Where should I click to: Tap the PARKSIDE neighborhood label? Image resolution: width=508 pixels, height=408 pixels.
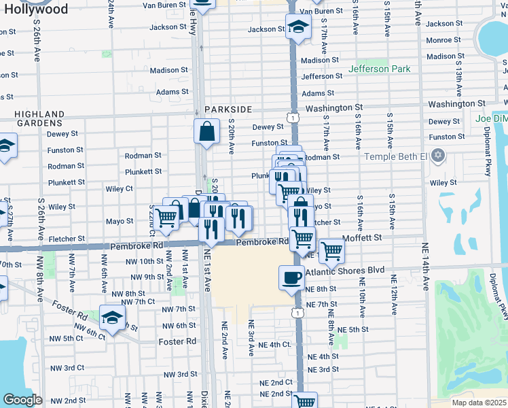coord(228,109)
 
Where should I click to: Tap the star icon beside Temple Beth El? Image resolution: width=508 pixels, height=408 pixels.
coord(439,156)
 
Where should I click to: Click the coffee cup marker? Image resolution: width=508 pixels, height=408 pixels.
coord(291,277)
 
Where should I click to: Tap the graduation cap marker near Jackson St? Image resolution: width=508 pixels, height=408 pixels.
coord(297,27)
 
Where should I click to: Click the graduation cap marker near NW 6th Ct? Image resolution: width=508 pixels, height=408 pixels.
coord(113,316)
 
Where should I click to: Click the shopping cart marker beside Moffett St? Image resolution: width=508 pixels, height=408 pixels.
coord(331,250)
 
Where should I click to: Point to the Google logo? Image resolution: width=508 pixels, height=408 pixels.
coord(22,400)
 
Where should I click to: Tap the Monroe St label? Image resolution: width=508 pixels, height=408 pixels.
coord(443,40)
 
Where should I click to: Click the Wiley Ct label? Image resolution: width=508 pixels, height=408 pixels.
coord(120,188)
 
